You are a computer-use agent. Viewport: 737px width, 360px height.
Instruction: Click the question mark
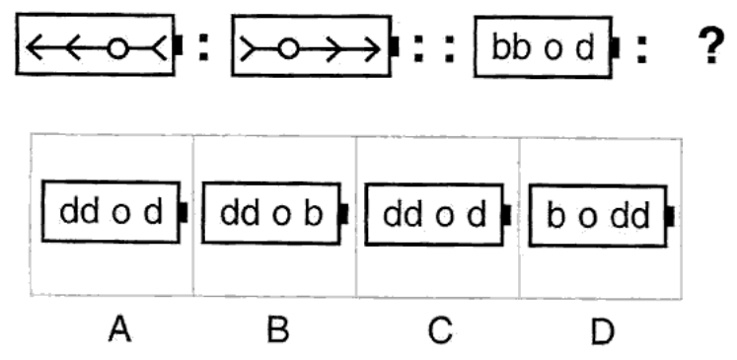pos(711,45)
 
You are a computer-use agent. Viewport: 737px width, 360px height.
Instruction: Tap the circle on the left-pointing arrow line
pos(117,48)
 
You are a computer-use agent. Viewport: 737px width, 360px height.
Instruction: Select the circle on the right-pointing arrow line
pos(288,48)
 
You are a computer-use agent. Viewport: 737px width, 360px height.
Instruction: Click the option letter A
pos(119,329)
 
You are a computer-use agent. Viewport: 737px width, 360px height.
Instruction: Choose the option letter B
pos(278,329)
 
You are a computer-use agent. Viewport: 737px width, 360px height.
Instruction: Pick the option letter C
pos(440,329)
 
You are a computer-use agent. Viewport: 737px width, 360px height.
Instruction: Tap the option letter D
pos(602,331)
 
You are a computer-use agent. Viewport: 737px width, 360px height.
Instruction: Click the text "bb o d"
pos(543,47)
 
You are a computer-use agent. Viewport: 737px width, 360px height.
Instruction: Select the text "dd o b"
pos(271,213)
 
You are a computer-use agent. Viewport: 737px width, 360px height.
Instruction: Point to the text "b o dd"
pos(598,216)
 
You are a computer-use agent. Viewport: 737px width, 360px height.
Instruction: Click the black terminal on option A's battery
pos(184,212)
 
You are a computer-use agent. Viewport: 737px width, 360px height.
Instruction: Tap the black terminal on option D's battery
pos(670,216)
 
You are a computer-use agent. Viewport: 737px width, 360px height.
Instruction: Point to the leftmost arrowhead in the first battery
pos(35,47)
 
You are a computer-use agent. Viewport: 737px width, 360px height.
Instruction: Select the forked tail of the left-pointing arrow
pos(160,47)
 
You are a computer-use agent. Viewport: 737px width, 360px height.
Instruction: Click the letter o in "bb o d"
pos(553,50)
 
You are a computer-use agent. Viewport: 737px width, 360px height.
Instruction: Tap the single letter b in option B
pos(314,213)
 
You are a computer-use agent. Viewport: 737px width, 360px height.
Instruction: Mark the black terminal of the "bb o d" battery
pos(616,48)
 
